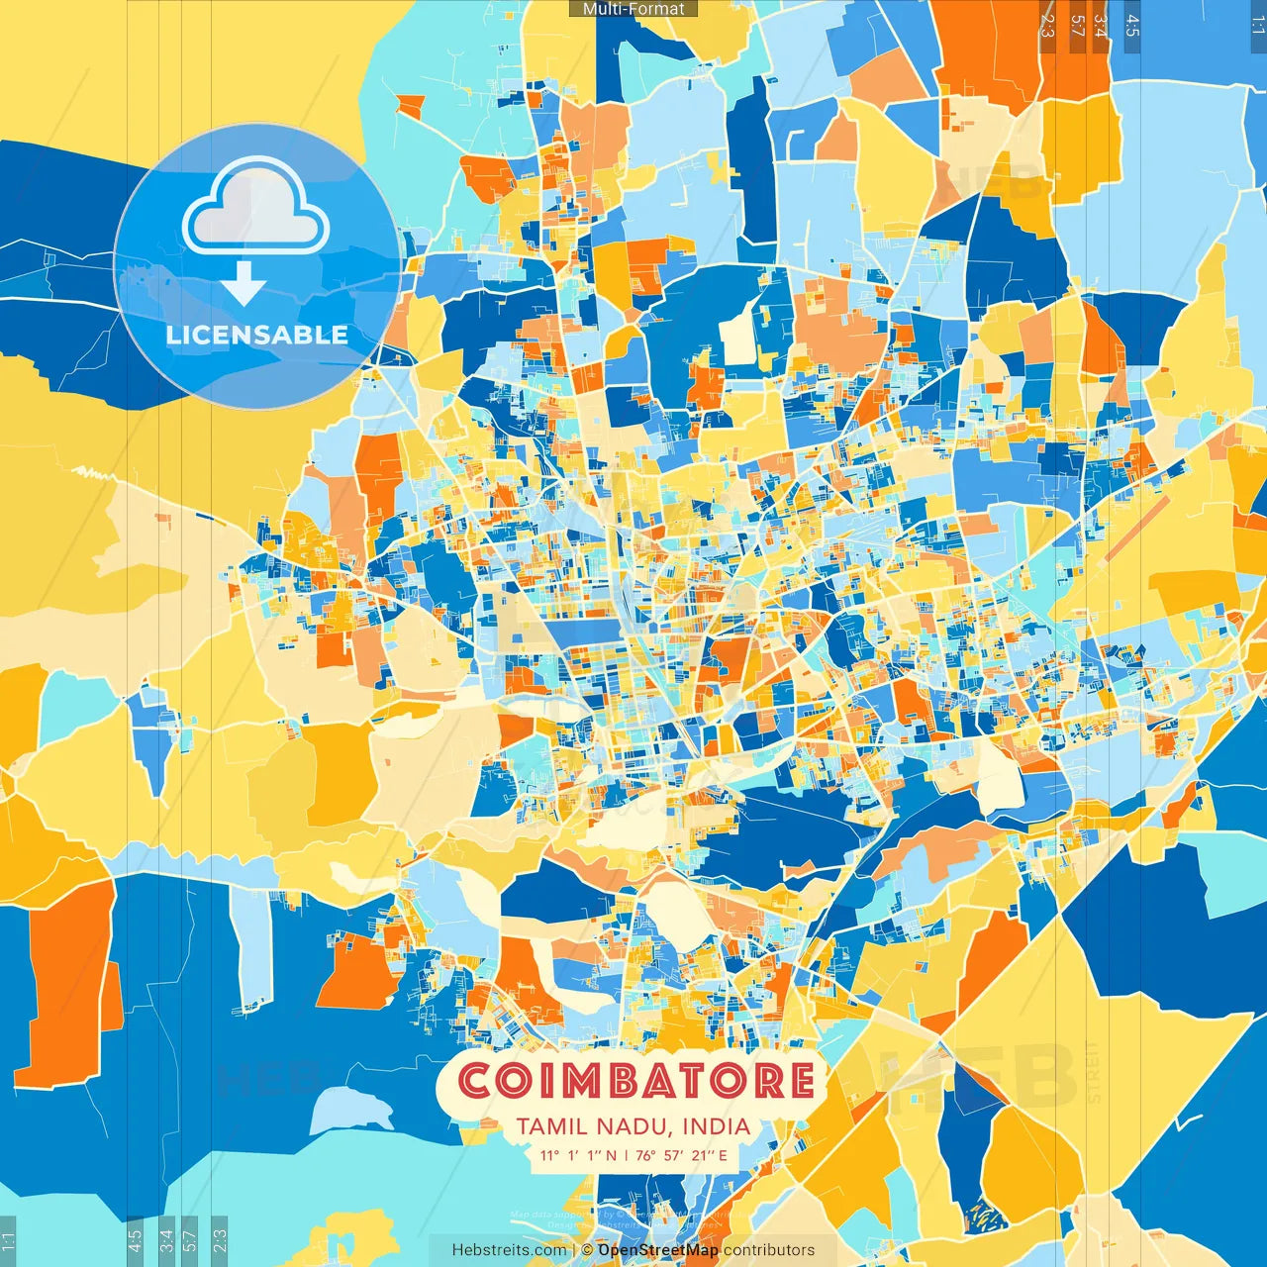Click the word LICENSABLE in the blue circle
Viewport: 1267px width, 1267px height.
click(x=256, y=335)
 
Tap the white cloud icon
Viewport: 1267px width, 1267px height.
click(x=255, y=207)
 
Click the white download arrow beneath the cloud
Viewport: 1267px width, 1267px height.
click(x=243, y=284)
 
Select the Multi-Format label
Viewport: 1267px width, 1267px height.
click(x=633, y=9)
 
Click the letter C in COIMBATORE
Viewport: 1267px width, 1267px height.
click(x=476, y=1081)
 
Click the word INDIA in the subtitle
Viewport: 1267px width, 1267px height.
click(x=715, y=1126)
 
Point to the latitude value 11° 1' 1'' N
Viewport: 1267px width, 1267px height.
click(x=577, y=1155)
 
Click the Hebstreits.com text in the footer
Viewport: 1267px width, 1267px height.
click(x=509, y=1250)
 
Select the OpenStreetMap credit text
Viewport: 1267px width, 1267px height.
click(x=658, y=1250)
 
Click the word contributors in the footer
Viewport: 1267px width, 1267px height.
click(x=769, y=1250)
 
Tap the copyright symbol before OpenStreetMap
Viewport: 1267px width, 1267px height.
click(x=587, y=1250)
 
